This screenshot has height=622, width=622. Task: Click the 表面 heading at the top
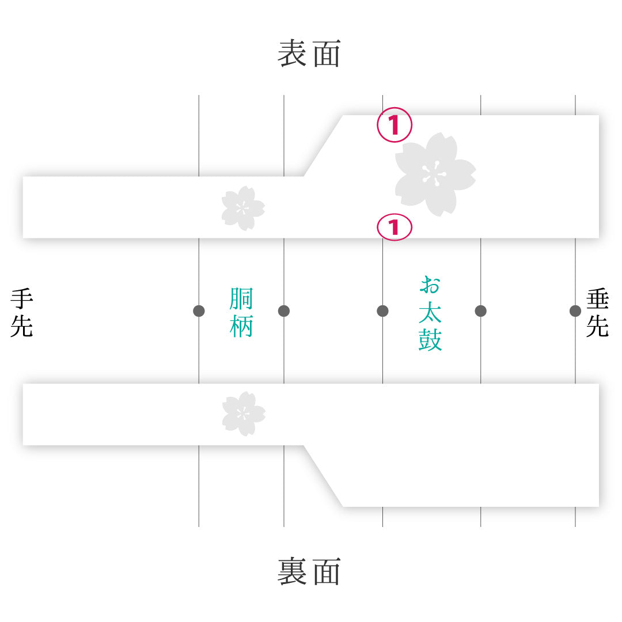309,53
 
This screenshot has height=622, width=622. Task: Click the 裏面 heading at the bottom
309,571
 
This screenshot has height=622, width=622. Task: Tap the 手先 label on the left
22,313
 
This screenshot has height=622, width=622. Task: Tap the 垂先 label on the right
597,313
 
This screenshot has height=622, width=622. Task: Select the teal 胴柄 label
241,313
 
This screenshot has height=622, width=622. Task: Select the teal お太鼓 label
430,313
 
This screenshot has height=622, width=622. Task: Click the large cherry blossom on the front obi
435,175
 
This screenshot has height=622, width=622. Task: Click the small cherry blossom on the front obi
243,208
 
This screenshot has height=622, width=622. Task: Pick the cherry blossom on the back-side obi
244,414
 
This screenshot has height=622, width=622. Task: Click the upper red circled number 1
395,124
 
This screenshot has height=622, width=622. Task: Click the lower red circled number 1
395,227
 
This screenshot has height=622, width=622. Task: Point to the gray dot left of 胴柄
199,311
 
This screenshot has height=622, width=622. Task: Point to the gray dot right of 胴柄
283,311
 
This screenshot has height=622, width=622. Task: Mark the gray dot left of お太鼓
382,311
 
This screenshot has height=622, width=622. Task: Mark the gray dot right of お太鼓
480,311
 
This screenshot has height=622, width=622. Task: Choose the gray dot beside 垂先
575,311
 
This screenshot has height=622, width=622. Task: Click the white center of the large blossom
435,174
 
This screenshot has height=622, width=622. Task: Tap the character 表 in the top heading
292,53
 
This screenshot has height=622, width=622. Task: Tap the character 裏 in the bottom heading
292,571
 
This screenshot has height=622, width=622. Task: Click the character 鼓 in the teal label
430,339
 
